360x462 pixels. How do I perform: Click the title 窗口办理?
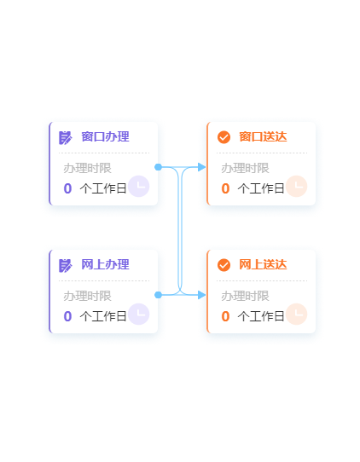(105, 136)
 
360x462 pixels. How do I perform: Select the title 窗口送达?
(263, 136)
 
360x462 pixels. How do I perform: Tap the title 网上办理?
(105, 264)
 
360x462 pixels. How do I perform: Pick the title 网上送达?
(263, 264)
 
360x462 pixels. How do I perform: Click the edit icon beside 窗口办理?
(66, 137)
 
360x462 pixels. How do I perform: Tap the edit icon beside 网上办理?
(66, 265)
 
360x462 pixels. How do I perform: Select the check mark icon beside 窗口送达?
(224, 137)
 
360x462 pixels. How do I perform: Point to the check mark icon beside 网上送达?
(224, 265)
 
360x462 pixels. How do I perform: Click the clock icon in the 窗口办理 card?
(138, 186)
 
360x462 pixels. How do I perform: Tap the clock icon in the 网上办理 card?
(138, 314)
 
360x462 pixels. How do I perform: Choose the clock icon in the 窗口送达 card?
(297, 186)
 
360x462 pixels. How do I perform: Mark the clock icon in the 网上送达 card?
(297, 314)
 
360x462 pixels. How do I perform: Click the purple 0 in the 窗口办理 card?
(67, 188)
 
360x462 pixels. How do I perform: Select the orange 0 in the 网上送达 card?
(225, 316)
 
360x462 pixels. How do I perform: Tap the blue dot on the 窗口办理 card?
(159, 167)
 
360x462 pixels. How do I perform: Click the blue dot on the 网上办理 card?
(159, 295)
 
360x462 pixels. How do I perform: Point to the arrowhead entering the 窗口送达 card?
(202, 167)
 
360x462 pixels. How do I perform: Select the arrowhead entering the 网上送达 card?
(202, 295)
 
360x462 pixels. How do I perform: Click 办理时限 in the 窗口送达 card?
(246, 168)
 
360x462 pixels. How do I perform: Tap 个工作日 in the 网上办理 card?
(103, 316)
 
